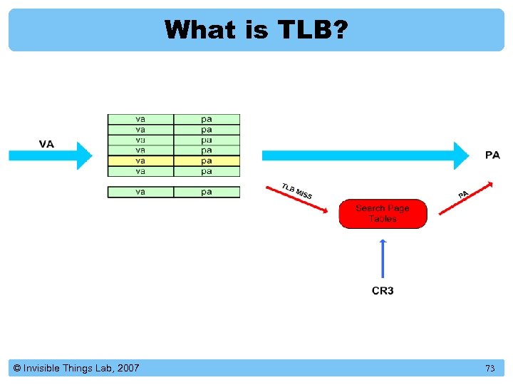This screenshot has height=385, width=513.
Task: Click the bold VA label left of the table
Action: click(46, 144)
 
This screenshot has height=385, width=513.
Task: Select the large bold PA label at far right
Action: click(492, 155)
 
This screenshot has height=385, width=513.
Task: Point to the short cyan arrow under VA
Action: click(50, 156)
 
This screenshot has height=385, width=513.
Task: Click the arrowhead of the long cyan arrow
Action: click(463, 155)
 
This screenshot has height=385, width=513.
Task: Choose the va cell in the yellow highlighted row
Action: click(140, 161)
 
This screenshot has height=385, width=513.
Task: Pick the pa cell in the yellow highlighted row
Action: click(207, 161)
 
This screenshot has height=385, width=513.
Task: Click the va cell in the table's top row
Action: click(140, 119)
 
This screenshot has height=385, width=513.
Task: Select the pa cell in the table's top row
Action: click(207, 119)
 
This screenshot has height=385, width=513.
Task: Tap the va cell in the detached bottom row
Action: click(140, 192)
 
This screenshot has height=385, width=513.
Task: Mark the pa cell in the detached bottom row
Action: click(207, 192)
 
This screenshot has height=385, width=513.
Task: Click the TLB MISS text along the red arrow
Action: click(296, 191)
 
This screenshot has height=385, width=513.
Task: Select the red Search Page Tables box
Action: click(383, 213)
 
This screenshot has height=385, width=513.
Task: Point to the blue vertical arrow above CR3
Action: click(383, 258)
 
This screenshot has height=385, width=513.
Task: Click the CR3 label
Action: click(383, 291)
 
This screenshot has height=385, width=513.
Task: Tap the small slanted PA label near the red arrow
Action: click(463, 194)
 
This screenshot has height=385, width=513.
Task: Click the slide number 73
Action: click(489, 369)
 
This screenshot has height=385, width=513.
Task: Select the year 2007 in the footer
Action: click(128, 368)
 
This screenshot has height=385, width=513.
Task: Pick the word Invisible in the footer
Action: click(43, 368)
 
